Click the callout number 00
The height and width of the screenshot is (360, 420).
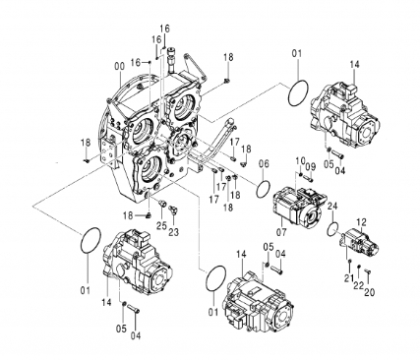[119, 66]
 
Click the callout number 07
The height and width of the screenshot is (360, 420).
[281, 232]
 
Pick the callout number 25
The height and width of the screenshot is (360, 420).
[161, 225]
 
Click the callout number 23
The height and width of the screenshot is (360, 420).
[174, 232]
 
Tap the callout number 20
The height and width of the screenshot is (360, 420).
[369, 292]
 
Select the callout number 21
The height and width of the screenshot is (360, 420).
[348, 278]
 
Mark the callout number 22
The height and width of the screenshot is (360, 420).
[358, 285]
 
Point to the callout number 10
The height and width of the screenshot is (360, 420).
[300, 160]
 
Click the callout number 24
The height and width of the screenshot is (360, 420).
[332, 207]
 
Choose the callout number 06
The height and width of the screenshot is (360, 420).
[264, 163]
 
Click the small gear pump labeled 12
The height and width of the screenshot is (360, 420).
[362, 244]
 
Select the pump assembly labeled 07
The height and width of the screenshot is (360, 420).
[299, 206]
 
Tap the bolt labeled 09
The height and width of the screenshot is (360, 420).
[308, 179]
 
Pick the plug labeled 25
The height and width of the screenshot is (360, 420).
[161, 204]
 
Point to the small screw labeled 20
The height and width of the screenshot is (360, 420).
[367, 271]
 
